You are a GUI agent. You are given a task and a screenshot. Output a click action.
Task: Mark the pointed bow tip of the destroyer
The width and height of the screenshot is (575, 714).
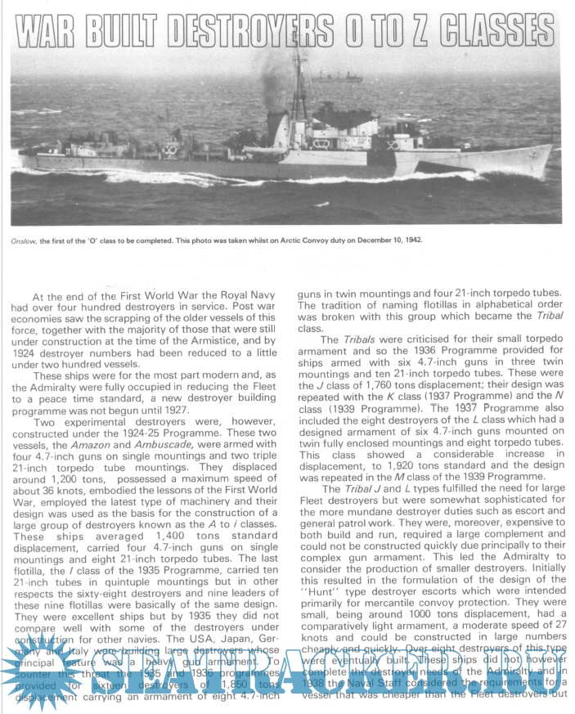pyautogui.click(x=550, y=149)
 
